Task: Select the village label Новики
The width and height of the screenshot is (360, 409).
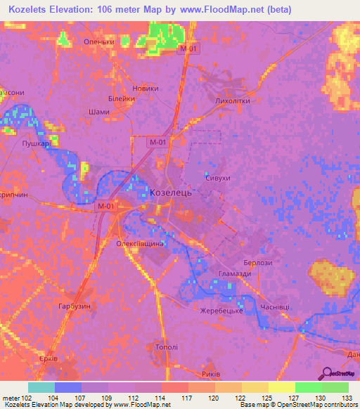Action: tap(146, 89)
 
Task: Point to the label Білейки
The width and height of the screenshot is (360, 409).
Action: tap(122, 99)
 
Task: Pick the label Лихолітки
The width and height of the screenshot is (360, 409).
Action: tap(232, 101)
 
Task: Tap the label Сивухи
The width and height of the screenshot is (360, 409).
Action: tap(218, 179)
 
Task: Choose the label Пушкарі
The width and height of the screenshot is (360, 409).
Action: tap(36, 143)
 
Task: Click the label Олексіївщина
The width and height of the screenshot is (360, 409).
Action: tap(140, 243)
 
